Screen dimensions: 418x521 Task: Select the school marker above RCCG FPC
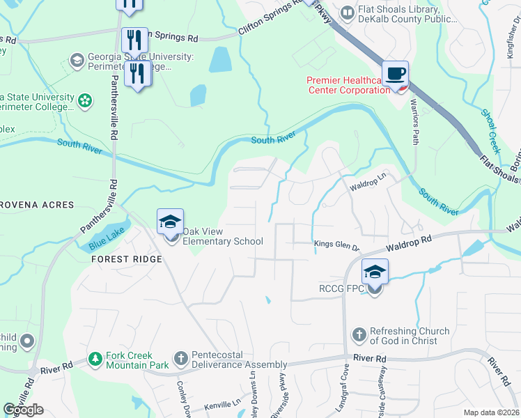[x=374, y=272]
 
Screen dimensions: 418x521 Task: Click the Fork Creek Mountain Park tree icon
[x=95, y=359]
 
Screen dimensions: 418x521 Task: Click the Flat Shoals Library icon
[x=346, y=13]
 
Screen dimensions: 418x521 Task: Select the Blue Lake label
[x=104, y=242]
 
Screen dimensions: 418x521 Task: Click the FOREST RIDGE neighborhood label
[x=126, y=259]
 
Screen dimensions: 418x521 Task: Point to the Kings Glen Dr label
[x=336, y=246]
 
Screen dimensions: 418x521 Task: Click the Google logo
[x=24, y=410]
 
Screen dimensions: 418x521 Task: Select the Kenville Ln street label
[x=222, y=405]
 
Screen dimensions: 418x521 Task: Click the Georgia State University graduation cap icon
[x=75, y=61]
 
